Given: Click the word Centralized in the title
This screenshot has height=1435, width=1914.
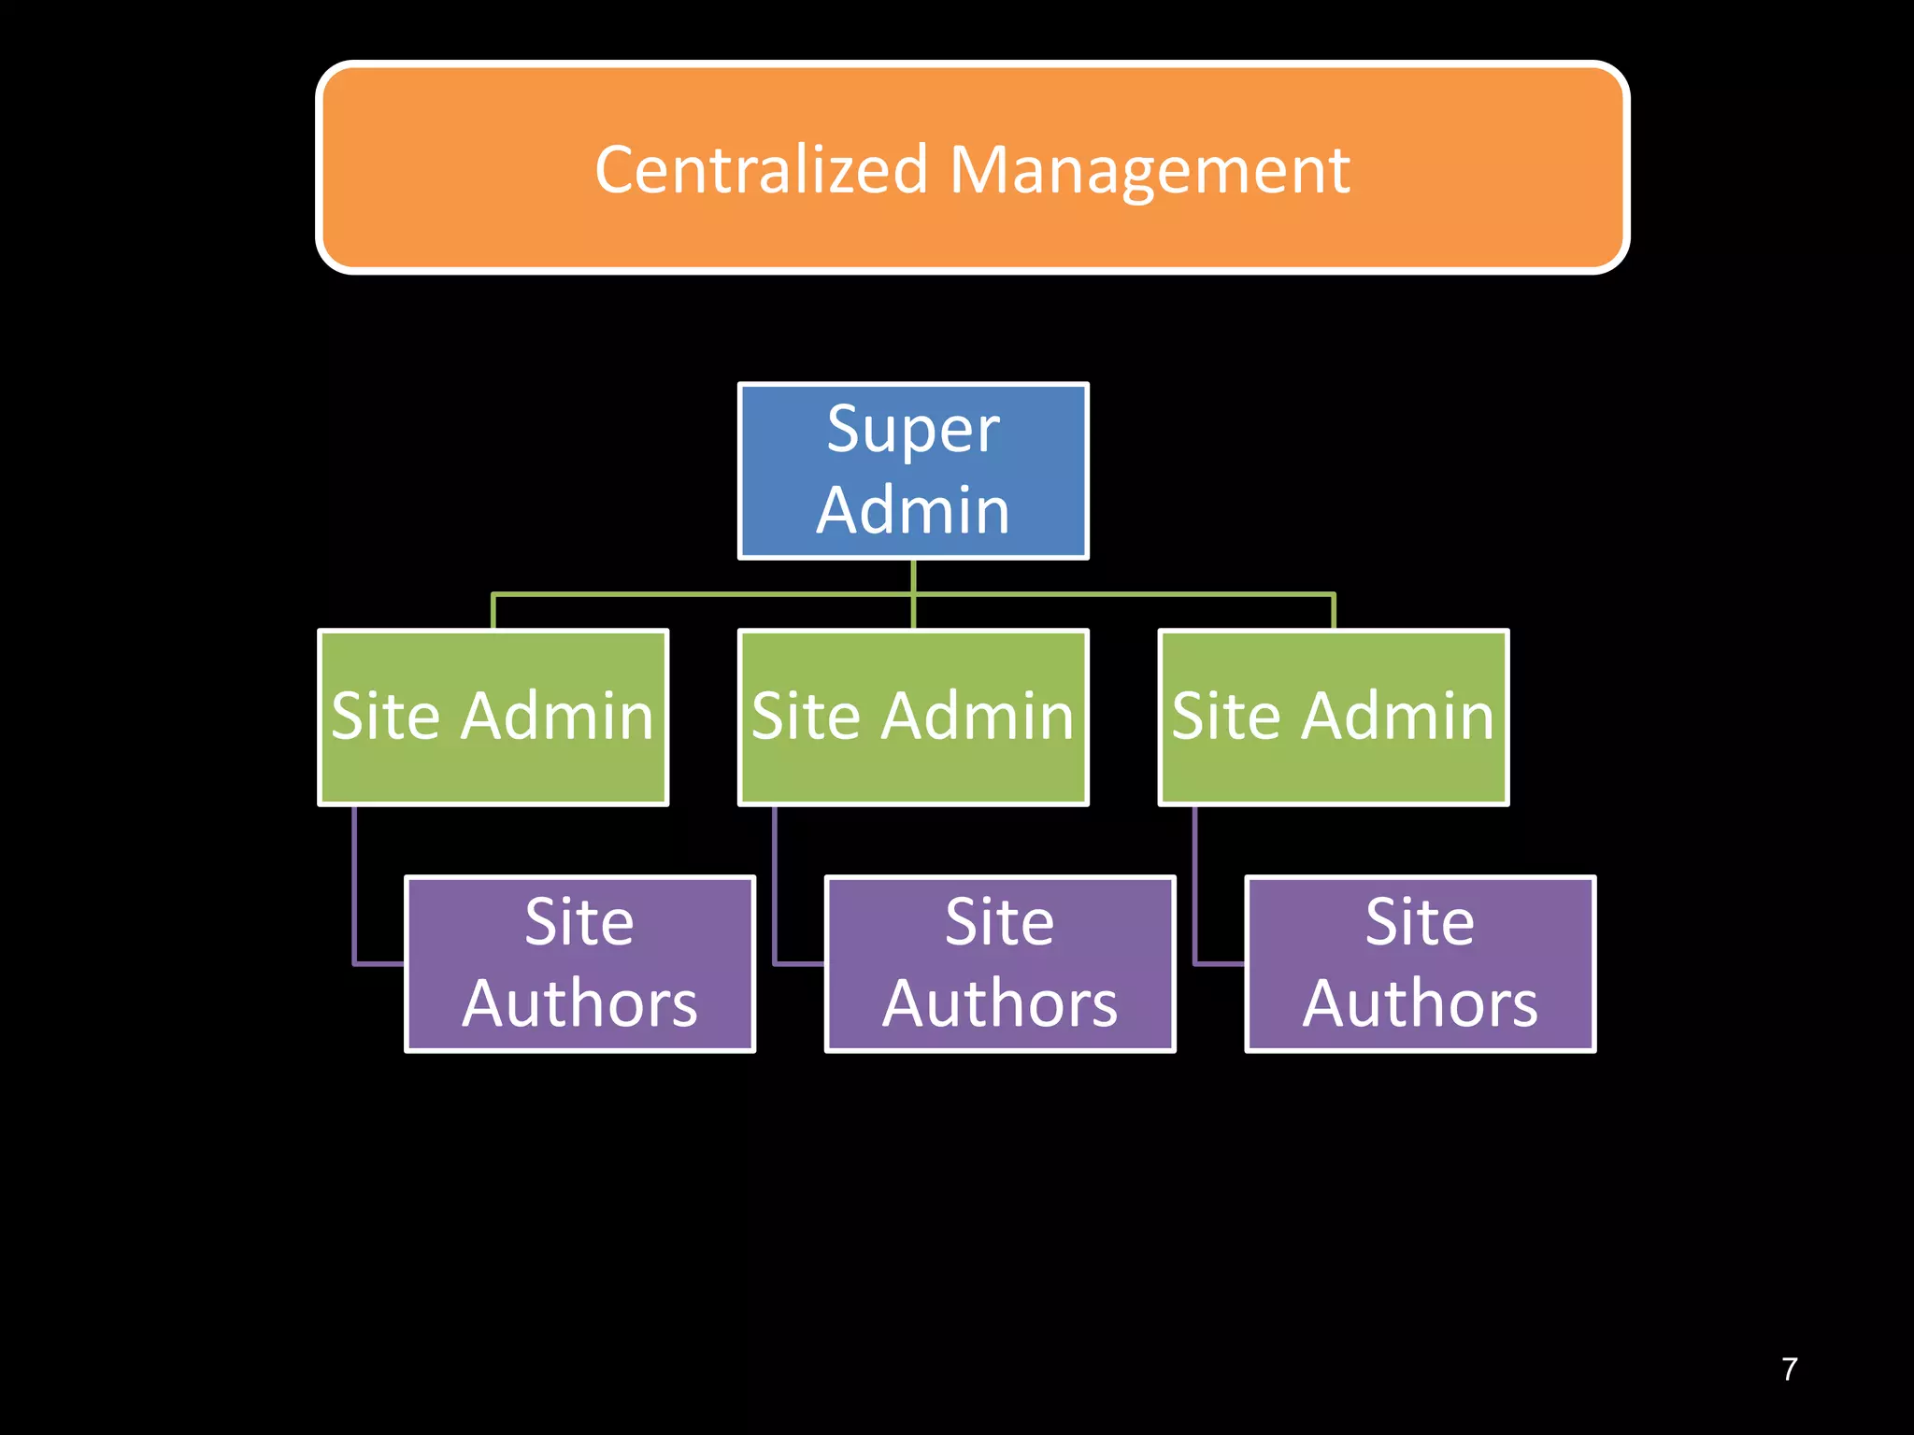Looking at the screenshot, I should pos(761,171).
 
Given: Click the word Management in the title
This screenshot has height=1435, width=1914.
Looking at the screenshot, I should pos(1150,171).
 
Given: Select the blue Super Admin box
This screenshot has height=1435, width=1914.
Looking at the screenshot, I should pos(913,470).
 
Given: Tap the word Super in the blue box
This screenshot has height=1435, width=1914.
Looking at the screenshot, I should pos(913,431).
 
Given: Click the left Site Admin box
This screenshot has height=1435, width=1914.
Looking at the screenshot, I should pos(493,717).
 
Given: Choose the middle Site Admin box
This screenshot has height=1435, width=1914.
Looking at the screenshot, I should pos(913,717).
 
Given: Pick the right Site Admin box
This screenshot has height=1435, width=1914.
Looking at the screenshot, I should pos(1334,717).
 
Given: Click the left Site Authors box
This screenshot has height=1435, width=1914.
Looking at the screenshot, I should pos(579,963).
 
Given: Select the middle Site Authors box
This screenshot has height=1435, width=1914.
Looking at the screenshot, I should pos(1000,963).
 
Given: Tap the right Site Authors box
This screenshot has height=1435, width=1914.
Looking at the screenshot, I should pos(1421,963).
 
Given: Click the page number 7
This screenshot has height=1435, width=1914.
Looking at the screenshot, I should pos(1789,1370).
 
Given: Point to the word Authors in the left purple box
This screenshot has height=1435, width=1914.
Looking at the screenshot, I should pos(579,1004).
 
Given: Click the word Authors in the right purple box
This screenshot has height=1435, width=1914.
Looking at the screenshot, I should pos(1421,1004).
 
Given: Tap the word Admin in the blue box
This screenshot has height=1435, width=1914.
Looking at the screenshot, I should pos(913,511).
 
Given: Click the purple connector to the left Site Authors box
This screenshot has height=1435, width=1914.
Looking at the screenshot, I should pos(355,888).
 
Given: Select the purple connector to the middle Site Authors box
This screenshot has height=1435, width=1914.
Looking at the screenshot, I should pos(775,888).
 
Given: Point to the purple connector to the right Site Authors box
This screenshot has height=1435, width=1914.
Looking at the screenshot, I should pos(1195,888).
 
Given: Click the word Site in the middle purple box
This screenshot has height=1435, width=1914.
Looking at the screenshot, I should pos(999,923).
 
